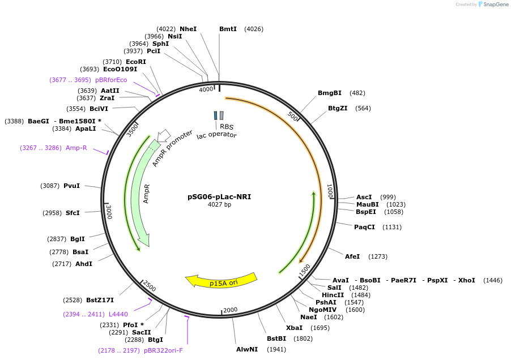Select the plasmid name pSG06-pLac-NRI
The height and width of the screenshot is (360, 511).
pos(219,197)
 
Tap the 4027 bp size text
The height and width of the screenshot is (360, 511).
pos(219,205)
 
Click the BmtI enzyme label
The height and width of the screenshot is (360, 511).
pos(228,29)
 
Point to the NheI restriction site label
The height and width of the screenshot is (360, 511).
pos(188,29)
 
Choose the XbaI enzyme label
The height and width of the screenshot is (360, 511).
pos(294,328)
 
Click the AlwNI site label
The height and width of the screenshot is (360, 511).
pos(247,349)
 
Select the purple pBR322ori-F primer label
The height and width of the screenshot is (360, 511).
pos(164,350)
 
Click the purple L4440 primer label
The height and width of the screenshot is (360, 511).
pos(118,314)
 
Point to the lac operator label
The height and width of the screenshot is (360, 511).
pos(216,135)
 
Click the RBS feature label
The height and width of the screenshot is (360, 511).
pos(227,127)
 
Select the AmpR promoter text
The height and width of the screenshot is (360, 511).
pos(168,148)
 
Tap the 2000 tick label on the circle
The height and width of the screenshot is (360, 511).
pos(230,310)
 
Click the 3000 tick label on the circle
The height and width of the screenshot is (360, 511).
pos(109,212)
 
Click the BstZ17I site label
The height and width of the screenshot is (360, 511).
pos(100,300)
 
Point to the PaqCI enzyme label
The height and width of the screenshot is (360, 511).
pos(364,227)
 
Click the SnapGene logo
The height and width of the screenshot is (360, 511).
pos(492,5)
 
